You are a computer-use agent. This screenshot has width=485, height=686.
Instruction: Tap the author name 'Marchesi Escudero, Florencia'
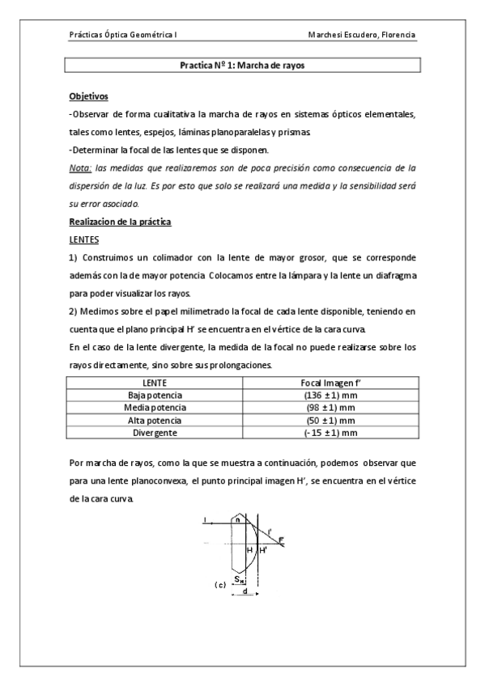tap(362, 36)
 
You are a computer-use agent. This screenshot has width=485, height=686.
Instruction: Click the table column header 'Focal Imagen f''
tap(324, 381)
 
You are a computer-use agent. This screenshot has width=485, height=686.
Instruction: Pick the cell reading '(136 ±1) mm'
tap(324, 394)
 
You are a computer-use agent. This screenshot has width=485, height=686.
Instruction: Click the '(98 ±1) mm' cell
tap(324, 407)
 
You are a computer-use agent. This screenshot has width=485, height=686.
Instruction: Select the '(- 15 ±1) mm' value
tap(324, 433)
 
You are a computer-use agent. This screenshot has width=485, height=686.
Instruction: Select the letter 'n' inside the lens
tap(236, 520)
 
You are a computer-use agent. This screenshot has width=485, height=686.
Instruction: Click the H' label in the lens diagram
tap(263, 549)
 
